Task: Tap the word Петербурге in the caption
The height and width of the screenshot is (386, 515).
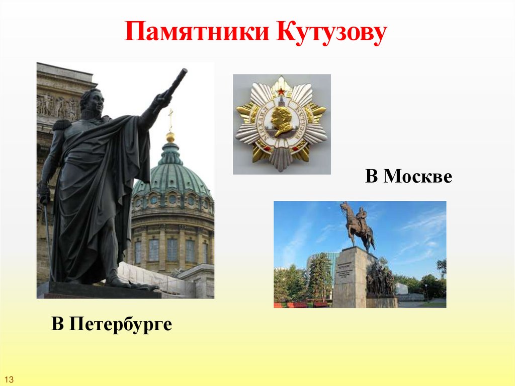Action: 120,324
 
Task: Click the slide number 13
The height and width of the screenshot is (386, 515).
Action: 10,378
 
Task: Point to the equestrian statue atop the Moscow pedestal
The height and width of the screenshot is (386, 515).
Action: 358,225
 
